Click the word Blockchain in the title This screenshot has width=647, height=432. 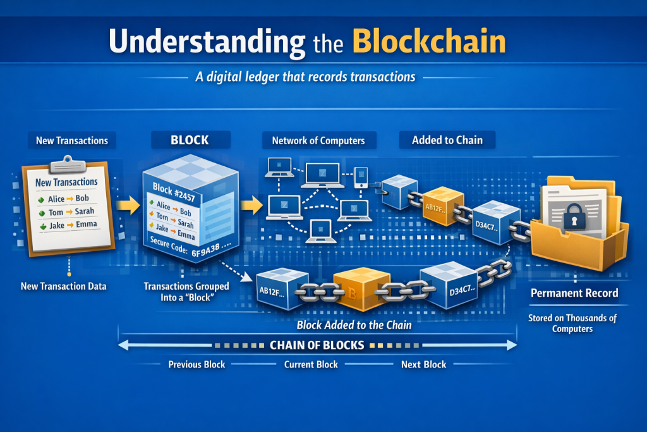[429, 41]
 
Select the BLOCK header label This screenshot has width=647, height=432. [189, 140]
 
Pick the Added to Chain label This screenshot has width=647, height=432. [447, 140]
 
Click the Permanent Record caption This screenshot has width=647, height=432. [574, 293]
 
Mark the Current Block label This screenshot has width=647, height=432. [311, 364]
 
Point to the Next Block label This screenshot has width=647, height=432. [423, 364]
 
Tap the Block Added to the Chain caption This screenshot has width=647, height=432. [354, 325]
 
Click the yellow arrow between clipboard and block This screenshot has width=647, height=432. [128, 206]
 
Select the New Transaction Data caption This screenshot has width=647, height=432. [63, 286]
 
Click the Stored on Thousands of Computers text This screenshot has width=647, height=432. [572, 323]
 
